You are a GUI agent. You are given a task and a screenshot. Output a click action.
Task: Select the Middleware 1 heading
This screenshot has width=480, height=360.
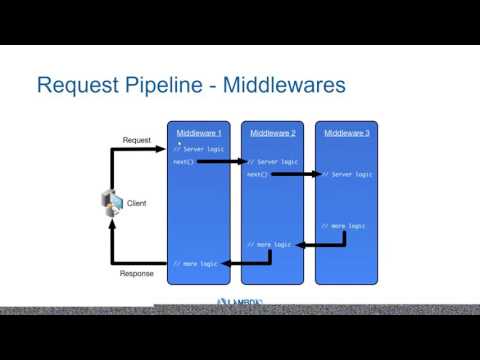[x=198, y=133]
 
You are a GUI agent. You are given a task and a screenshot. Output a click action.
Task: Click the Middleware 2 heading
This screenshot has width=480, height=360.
[x=273, y=133]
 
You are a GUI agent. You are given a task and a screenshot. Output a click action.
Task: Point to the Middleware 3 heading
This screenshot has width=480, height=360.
[x=347, y=133]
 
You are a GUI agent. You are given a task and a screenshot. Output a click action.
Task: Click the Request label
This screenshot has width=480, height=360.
[x=136, y=140]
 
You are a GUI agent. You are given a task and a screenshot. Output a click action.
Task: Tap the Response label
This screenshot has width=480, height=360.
[x=136, y=273]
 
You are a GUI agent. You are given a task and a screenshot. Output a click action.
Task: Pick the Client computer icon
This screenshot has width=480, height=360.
[x=111, y=202]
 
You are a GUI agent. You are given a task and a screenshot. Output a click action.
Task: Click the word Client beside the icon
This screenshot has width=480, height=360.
[x=136, y=203]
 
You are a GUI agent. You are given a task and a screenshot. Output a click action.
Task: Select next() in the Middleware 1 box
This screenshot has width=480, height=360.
[x=183, y=161]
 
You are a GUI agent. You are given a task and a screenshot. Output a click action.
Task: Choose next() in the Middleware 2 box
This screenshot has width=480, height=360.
[x=257, y=174]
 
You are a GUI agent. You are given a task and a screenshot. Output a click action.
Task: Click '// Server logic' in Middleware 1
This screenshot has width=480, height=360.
[x=198, y=149]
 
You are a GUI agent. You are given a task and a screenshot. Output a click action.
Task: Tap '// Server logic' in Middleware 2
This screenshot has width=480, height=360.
[x=272, y=161]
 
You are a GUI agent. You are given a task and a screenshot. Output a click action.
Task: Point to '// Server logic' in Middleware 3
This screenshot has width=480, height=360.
[x=347, y=174]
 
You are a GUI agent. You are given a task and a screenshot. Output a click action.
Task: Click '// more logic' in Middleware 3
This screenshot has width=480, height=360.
[x=343, y=226]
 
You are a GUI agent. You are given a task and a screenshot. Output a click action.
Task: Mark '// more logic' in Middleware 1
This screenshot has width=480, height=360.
[x=194, y=263]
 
